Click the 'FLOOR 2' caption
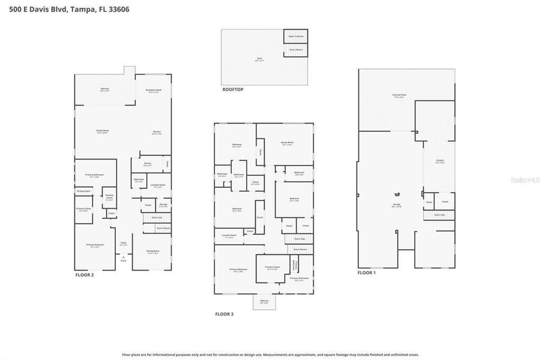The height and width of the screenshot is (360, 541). pos(84,275)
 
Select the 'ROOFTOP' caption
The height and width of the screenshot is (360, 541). pos(232,89)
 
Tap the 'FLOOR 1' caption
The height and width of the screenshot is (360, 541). pos(366,273)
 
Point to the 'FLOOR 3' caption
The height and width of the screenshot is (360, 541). pos(225,314)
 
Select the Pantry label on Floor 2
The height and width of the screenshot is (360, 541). pos(147,163)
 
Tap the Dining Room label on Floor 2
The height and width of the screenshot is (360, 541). pos(153,252)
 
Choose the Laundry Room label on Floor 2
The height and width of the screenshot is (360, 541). pos(158,185)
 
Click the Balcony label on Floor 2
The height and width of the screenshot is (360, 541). pos(105,89)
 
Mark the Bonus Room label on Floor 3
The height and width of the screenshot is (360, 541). pos(286,143)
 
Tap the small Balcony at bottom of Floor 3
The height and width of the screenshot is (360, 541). pos(264,302)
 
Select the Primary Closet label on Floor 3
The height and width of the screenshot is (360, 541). pos(271,268)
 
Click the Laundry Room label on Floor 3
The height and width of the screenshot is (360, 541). pos(229,236)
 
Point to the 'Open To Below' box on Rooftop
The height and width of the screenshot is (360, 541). pos(295,36)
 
